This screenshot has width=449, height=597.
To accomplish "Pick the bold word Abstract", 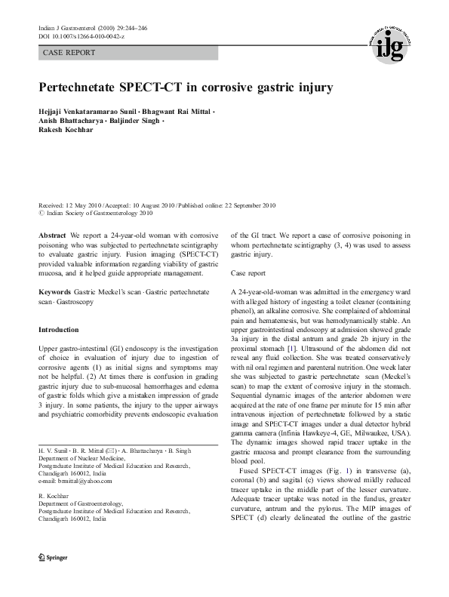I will [52, 236].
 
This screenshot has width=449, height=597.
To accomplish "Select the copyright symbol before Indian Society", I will [42, 214].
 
